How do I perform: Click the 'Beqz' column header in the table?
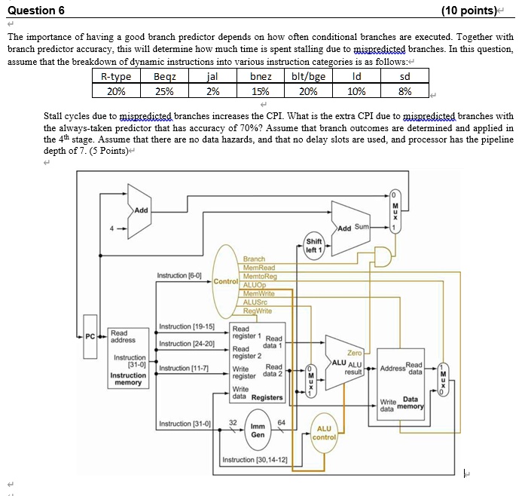pos(163,76)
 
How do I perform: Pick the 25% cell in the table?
pos(163,91)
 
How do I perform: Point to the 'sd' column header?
pos(404,76)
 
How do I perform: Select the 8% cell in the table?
pos(404,91)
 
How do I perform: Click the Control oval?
pos(226,281)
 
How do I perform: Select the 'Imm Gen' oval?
pos(258,430)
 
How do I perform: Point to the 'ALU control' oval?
pos(324,433)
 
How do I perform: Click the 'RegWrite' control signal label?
pos(258,310)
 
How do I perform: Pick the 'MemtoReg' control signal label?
pos(259,276)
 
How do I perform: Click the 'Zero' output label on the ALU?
pos(355,352)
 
